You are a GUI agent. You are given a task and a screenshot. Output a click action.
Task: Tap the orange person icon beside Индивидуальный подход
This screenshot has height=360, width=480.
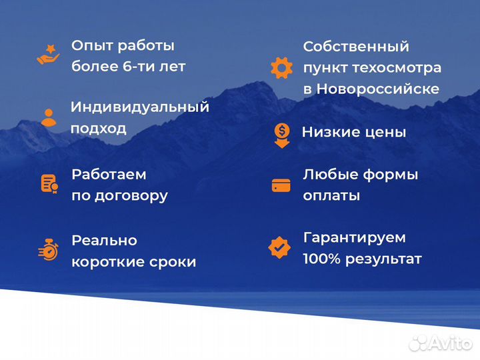click(48, 117)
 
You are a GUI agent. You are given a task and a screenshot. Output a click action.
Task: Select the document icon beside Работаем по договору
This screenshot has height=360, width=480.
click(49, 183)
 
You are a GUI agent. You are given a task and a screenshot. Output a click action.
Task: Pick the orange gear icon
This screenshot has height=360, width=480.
click(281, 67)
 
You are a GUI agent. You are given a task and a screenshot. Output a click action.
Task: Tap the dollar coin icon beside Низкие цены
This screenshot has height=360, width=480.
click(281, 133)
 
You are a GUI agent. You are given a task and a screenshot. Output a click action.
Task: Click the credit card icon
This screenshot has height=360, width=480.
click(281, 185)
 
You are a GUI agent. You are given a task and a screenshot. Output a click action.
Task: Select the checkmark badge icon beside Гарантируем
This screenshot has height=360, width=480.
click(279, 247)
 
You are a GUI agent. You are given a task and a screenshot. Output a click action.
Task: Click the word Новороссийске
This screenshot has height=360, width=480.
click(377, 89)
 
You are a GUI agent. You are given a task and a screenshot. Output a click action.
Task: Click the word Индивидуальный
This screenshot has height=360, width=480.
click(140, 107)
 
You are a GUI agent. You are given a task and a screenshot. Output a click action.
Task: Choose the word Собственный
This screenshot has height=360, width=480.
click(356, 47)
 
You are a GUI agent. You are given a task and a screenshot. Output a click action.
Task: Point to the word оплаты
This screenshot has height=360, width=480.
click(331, 196)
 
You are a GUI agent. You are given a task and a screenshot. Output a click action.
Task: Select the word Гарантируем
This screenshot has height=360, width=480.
click(354, 237)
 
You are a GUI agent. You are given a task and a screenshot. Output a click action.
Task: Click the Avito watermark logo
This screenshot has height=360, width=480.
click(441, 343)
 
